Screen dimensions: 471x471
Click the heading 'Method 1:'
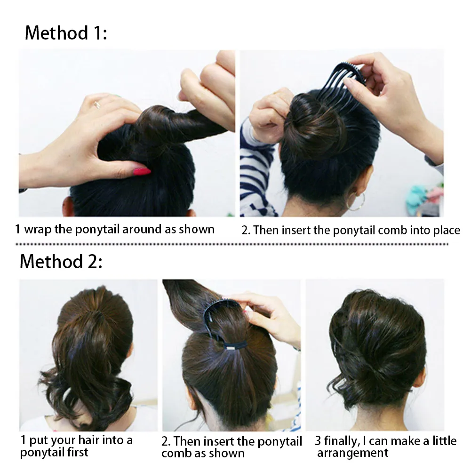click(66, 33)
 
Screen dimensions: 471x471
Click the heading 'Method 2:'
click(61, 261)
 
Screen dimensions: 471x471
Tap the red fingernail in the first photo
click(142, 171)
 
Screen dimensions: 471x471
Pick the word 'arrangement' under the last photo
click(353, 453)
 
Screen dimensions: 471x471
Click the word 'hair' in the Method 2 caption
click(88, 441)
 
